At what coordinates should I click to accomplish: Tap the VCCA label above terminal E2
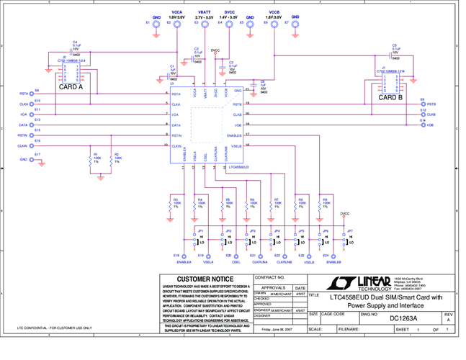(x=176, y=12)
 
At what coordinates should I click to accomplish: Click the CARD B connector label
(x=391, y=98)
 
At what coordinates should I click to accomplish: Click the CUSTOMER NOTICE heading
(x=205, y=279)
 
